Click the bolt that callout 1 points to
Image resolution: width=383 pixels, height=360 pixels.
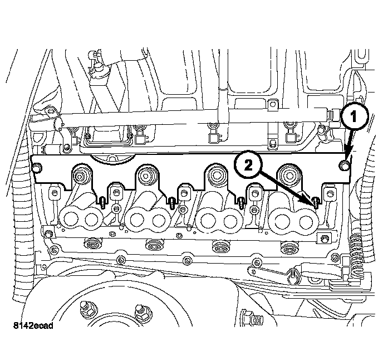[345, 166]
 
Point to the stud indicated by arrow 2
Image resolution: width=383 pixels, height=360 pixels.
[315, 201]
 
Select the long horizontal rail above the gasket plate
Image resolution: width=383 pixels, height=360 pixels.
[184, 117]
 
